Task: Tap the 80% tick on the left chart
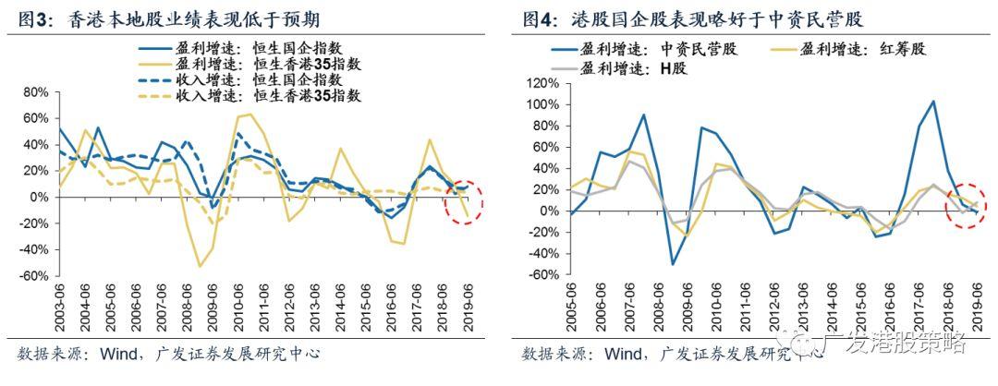33,92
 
